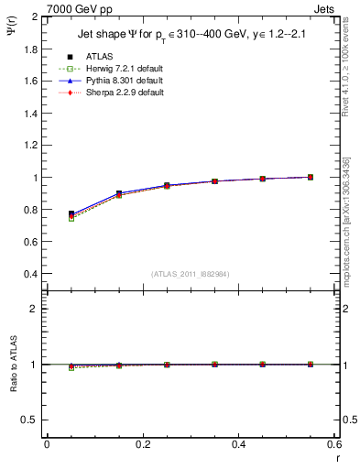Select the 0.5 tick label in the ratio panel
(x=31, y=420)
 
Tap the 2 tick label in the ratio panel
(x=35, y=309)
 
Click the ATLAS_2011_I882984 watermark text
(x=191, y=274)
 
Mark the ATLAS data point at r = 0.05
(x=71, y=213)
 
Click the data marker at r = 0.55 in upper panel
(x=311, y=177)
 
